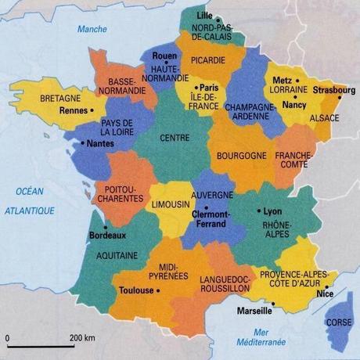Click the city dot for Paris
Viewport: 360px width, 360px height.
coord(196,87)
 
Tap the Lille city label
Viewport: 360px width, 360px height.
coord(204,15)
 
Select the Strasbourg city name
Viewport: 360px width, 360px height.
coord(333,90)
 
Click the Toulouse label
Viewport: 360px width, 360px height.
coord(135,290)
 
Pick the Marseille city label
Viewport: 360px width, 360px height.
coord(259,311)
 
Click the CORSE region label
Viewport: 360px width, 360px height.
coord(338,322)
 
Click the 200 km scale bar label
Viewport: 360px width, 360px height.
coord(81,338)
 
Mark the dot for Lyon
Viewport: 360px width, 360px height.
coord(259,211)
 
